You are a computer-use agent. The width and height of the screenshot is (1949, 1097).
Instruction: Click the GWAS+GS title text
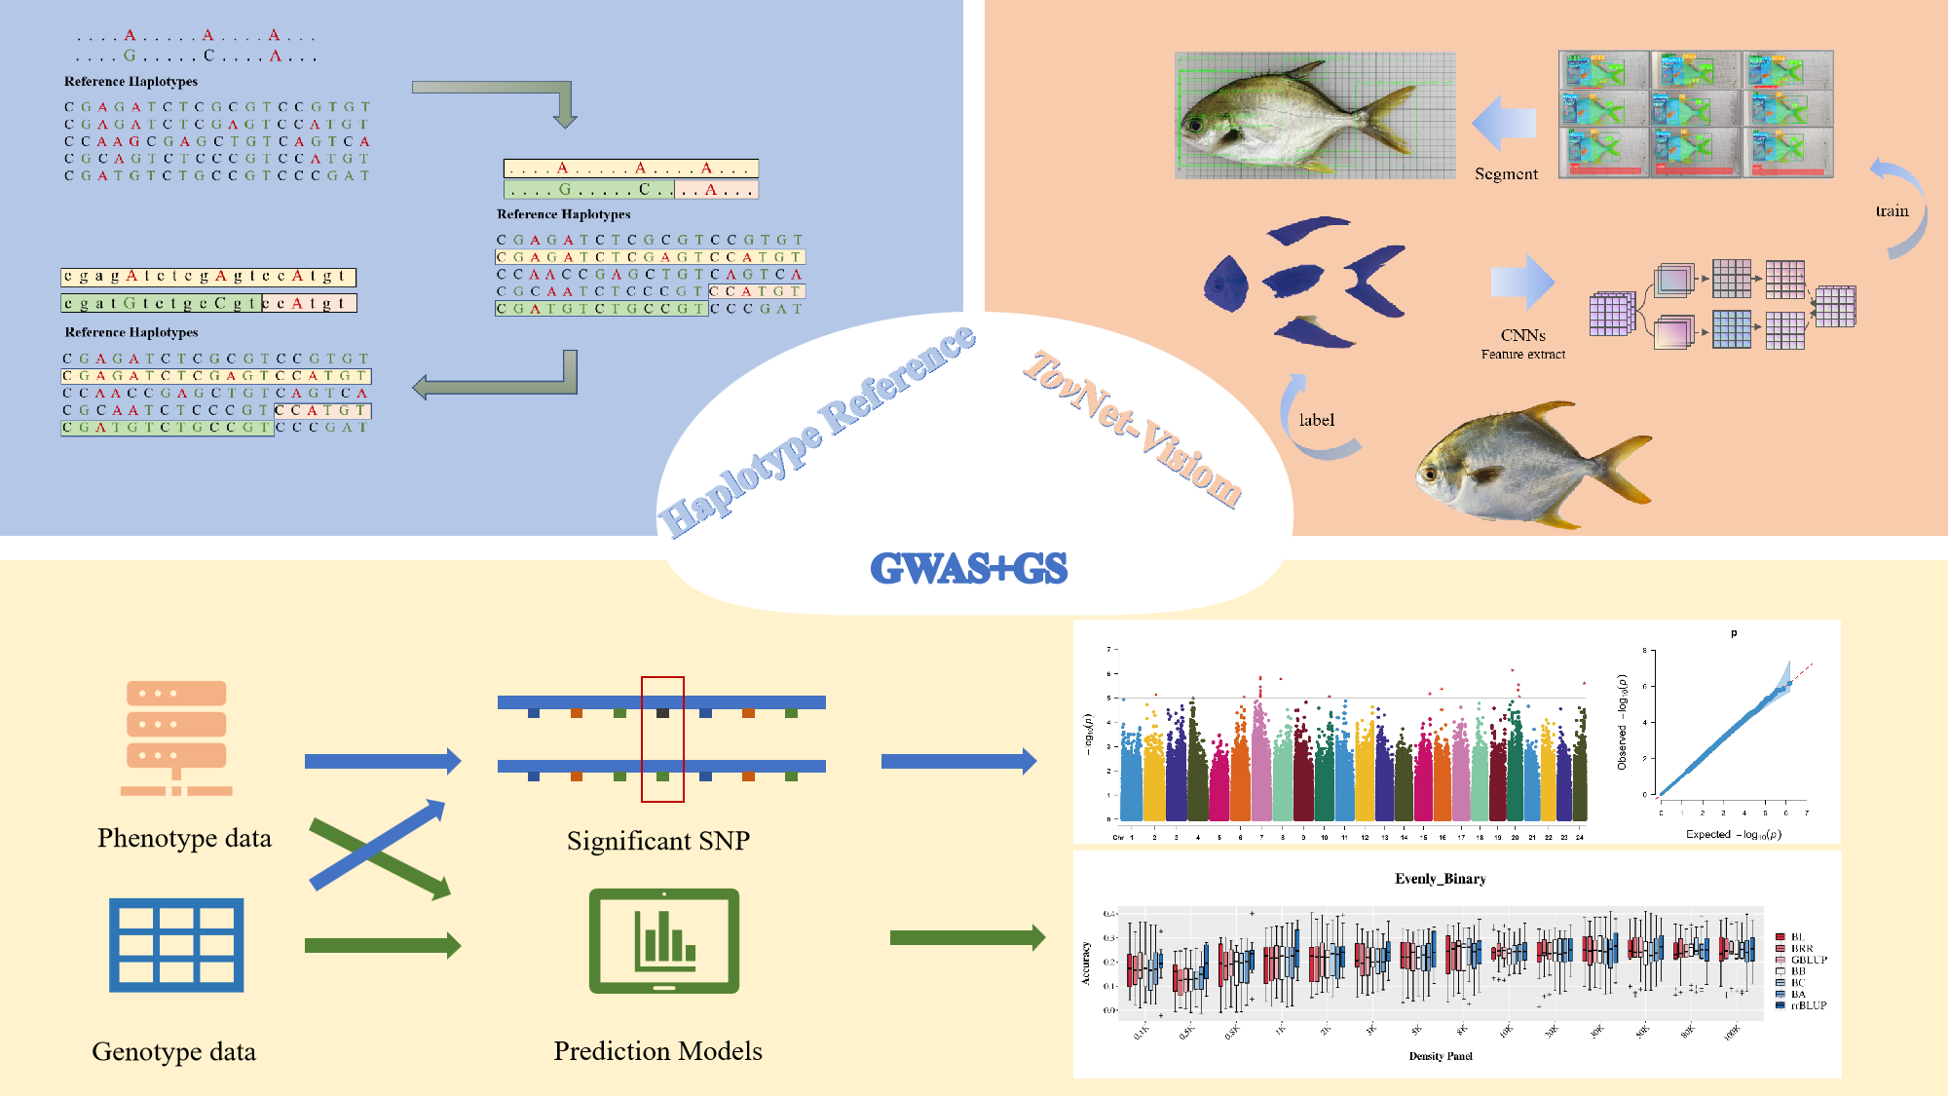[x=968, y=568]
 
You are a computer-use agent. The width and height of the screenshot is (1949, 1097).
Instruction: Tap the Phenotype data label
[x=184, y=838]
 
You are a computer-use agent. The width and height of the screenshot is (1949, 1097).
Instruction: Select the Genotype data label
[x=173, y=1051]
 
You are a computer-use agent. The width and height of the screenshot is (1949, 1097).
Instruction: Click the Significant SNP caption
[x=657, y=841]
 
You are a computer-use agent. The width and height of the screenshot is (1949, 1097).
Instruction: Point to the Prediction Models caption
[x=657, y=1051]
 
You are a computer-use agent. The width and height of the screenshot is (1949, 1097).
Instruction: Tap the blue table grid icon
[x=176, y=945]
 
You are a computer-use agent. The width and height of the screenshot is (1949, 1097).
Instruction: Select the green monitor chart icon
[x=664, y=940]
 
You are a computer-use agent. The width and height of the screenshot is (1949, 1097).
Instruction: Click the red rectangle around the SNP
[x=662, y=739]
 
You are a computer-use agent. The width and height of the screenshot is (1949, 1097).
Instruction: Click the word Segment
[x=1506, y=174]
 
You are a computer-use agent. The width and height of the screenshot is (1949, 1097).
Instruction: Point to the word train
[x=1892, y=211]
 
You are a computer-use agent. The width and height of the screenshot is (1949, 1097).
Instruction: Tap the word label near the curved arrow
[x=1316, y=420]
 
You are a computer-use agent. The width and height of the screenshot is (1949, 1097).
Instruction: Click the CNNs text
[x=1522, y=335]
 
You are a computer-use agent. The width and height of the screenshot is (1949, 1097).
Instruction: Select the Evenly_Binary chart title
[x=1440, y=879]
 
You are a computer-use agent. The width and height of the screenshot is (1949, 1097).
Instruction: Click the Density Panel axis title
[x=1440, y=1056]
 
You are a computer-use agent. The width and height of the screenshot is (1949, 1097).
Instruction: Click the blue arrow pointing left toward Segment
[x=1504, y=124]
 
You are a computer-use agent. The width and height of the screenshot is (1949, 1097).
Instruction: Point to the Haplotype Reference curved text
[x=816, y=433]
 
